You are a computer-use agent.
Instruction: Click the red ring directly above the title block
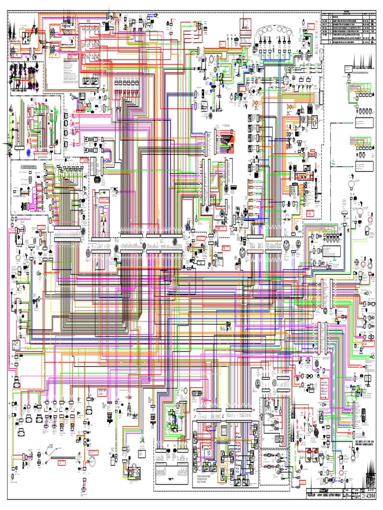click(341, 472)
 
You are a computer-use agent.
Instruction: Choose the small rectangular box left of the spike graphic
click(346, 68)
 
